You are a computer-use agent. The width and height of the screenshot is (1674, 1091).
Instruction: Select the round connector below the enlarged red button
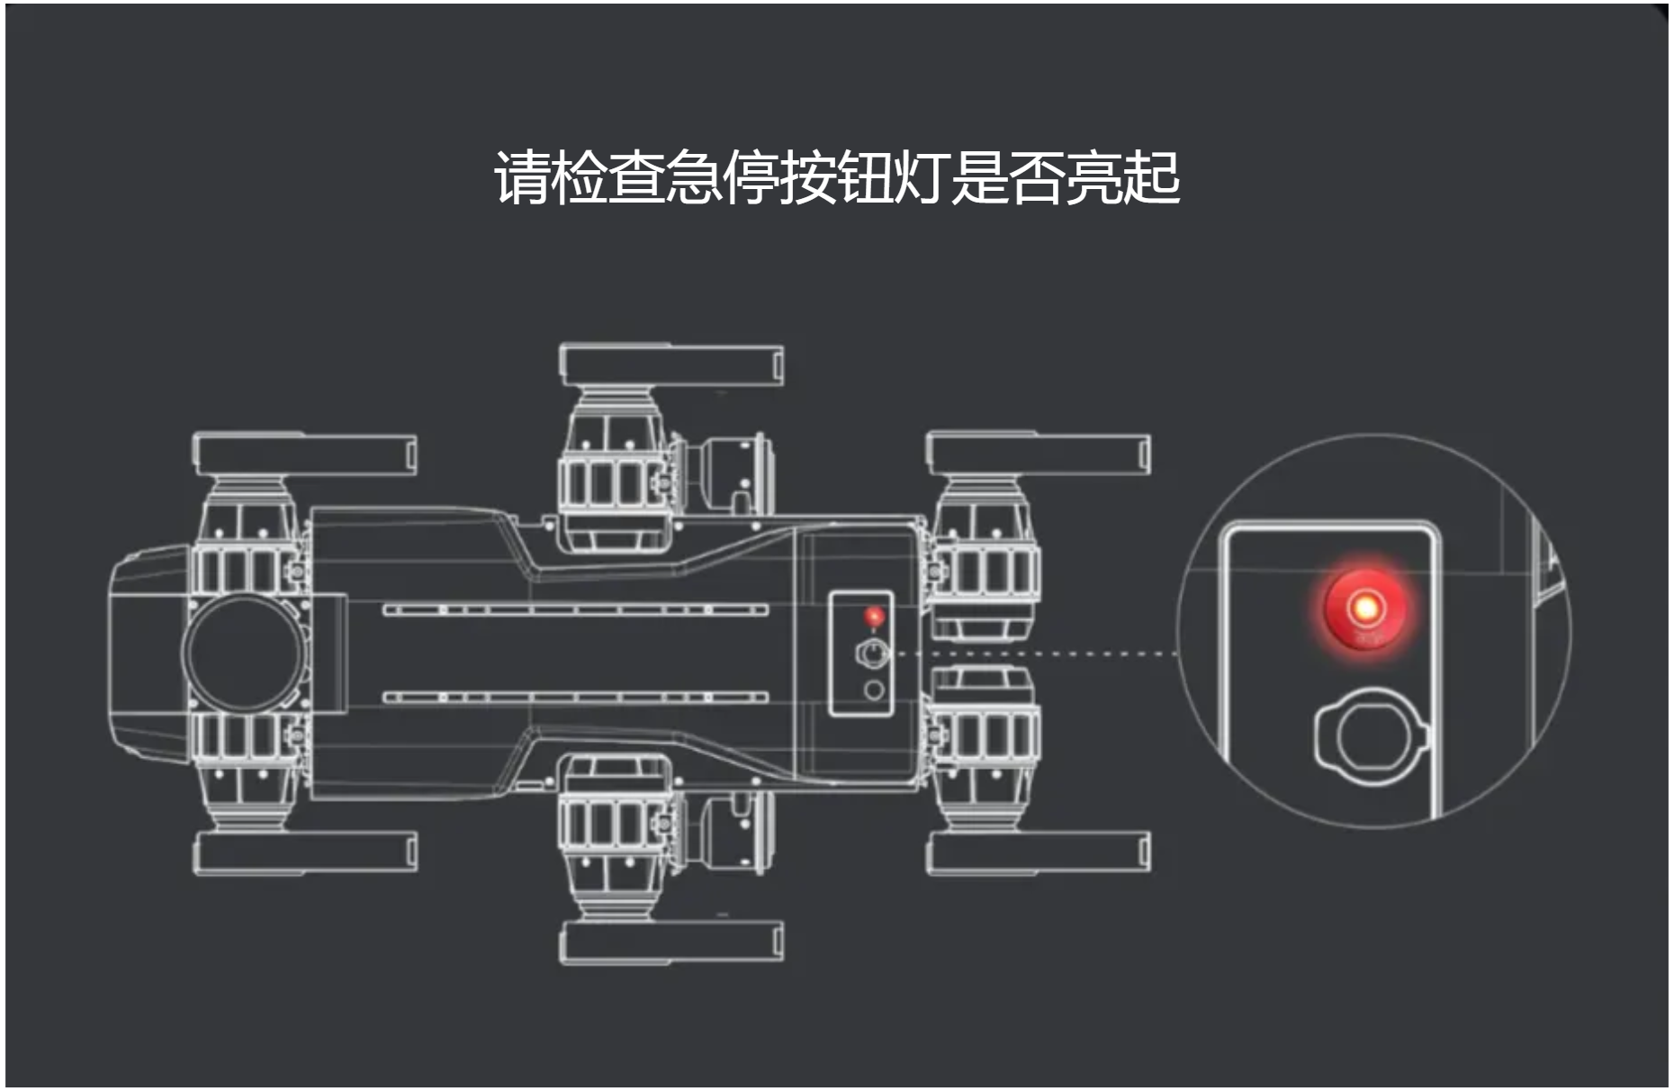(x=1370, y=736)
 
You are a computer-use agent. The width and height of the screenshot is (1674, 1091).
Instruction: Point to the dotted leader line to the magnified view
(x=1035, y=654)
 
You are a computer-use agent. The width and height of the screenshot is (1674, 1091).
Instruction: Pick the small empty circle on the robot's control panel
(x=873, y=691)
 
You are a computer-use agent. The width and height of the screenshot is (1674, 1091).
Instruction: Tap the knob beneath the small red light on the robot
(x=871, y=654)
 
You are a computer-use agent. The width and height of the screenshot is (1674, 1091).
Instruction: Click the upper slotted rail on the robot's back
(x=576, y=610)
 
